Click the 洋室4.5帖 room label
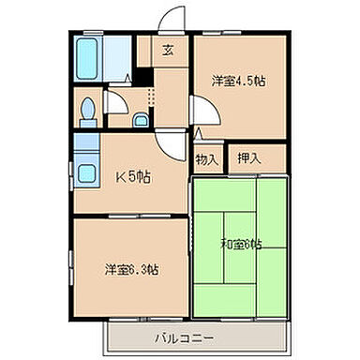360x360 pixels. (x=238, y=82)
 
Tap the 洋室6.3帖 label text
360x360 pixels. (x=131, y=270)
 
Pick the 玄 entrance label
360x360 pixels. (x=168, y=51)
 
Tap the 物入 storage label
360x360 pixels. (x=207, y=159)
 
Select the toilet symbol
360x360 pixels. (x=86, y=110)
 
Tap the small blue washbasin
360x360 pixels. (x=140, y=118)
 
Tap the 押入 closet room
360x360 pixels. (x=256, y=159)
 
